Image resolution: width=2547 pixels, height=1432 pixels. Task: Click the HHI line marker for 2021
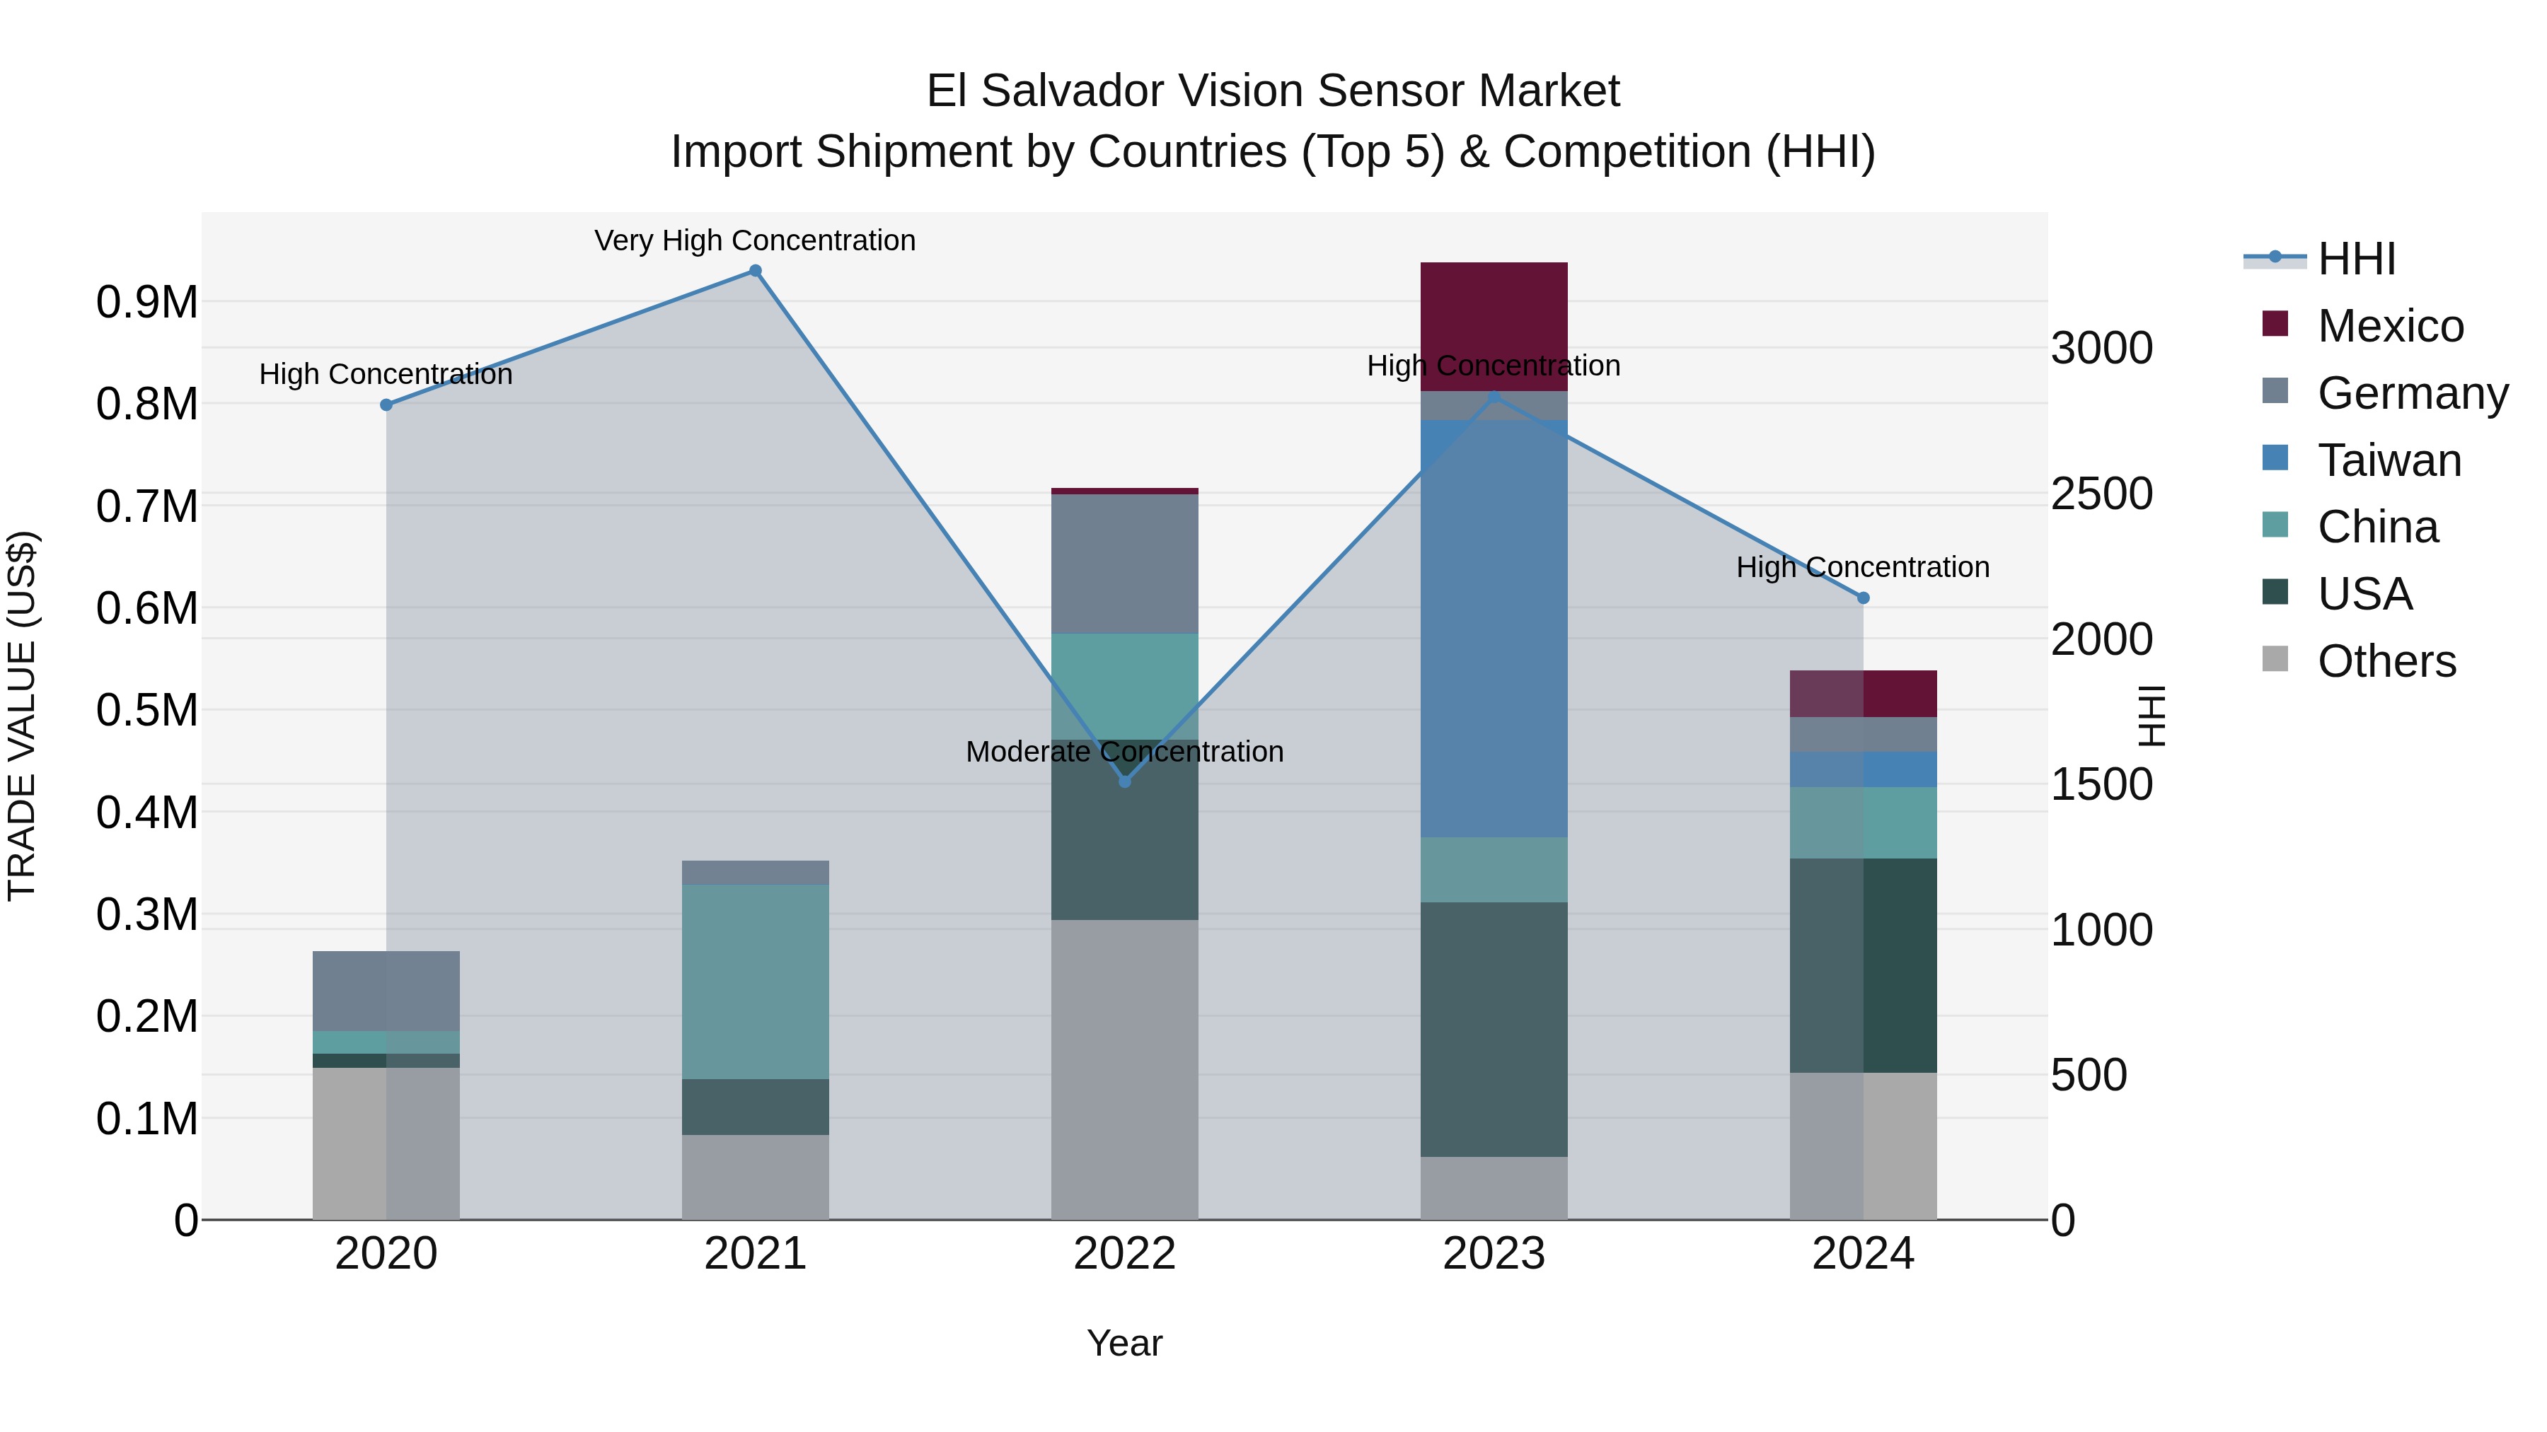[756, 271]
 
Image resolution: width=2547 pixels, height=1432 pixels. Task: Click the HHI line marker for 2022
[1124, 781]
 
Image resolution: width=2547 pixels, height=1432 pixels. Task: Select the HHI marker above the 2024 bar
[1863, 598]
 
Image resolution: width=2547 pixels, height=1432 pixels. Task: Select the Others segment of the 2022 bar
[1124, 1069]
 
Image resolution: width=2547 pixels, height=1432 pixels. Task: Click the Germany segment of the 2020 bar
[386, 991]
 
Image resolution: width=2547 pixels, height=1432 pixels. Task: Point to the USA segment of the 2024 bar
[1863, 965]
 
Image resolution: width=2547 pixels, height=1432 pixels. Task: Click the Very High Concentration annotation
[756, 240]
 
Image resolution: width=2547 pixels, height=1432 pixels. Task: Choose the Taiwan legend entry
[2389, 460]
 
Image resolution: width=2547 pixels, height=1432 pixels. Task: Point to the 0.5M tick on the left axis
[146, 709]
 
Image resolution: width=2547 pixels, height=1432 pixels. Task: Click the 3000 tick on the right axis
[2102, 348]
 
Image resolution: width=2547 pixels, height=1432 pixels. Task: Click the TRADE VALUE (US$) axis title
[22, 716]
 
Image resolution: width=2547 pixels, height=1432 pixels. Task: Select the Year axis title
[1124, 1343]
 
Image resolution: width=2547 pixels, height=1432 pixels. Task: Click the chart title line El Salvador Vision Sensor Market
[1273, 91]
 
